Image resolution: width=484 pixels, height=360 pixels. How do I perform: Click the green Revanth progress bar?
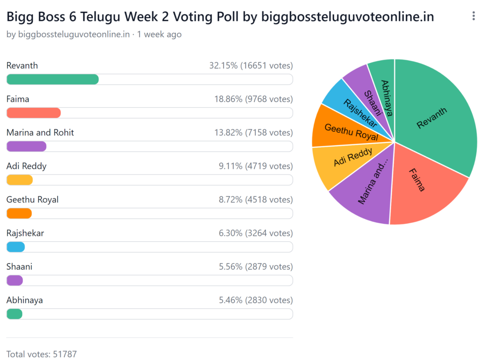click(x=52, y=79)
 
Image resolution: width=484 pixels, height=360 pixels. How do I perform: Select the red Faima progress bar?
click(x=34, y=113)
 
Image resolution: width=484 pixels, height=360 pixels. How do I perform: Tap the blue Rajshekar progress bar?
click(x=16, y=247)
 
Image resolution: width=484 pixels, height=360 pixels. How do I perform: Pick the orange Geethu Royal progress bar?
click(x=19, y=213)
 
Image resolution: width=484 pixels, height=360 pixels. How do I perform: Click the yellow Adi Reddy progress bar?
click(x=19, y=180)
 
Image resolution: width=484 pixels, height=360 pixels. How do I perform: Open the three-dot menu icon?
click(x=474, y=17)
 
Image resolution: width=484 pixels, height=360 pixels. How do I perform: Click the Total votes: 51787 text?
click(x=42, y=354)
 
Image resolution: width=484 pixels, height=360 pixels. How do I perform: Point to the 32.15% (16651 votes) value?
click(x=251, y=65)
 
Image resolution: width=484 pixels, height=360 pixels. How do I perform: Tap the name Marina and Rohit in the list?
click(x=40, y=132)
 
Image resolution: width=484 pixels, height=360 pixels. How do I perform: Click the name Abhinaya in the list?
click(x=25, y=300)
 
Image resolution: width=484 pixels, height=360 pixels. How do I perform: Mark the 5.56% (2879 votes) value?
click(x=256, y=266)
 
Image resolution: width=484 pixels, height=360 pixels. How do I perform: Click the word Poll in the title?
click(x=225, y=17)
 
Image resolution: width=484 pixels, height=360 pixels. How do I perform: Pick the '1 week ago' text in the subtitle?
click(x=159, y=35)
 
